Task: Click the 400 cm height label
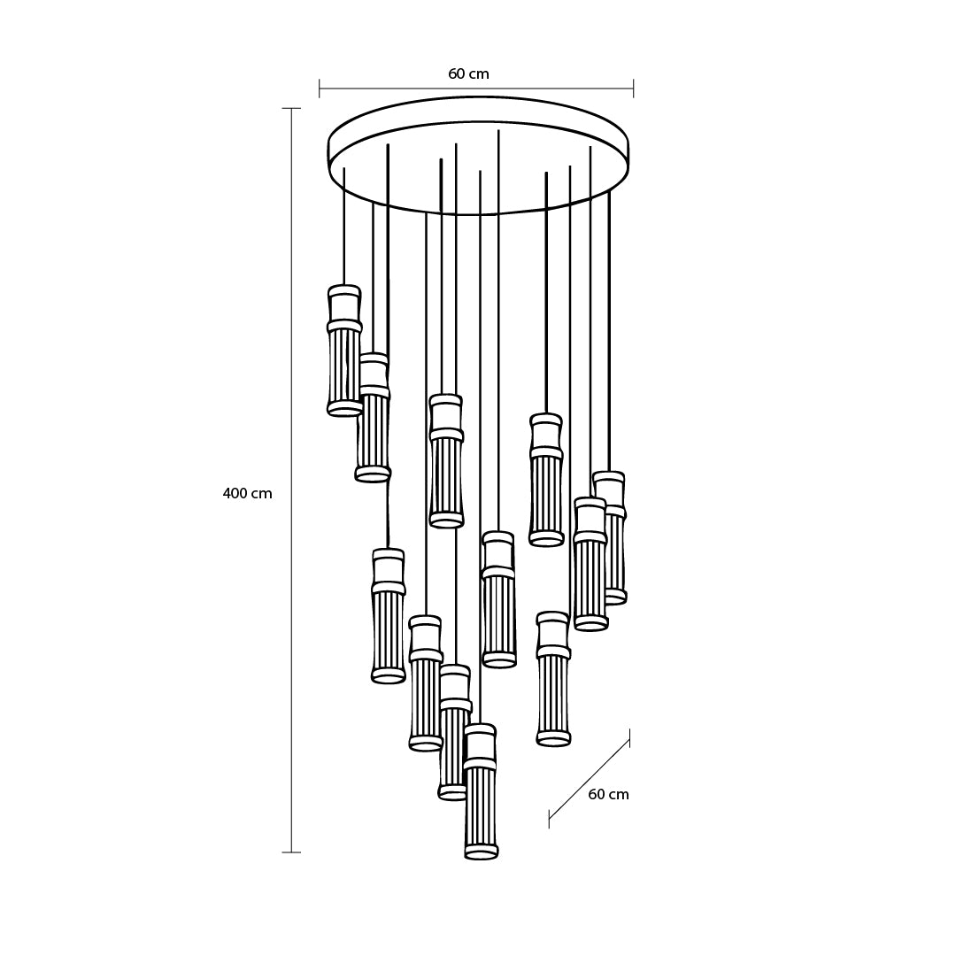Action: point(248,493)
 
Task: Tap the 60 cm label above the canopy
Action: point(469,73)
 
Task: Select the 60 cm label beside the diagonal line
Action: point(608,794)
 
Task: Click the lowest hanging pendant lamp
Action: point(481,791)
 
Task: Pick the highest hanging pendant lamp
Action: point(344,350)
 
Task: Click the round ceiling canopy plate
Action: point(479,156)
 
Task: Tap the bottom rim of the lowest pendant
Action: point(482,852)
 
